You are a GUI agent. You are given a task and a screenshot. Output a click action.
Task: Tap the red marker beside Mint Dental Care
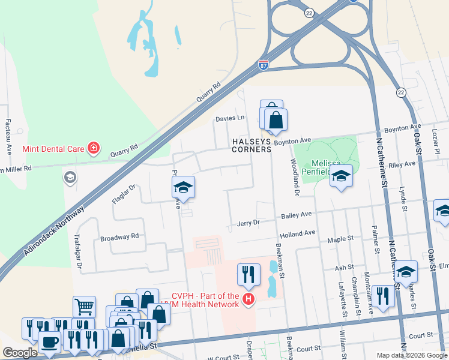tap(93, 148)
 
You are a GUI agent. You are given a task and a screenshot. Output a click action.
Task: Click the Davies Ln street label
tap(231, 118)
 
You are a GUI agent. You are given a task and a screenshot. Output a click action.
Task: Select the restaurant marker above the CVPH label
tap(249, 275)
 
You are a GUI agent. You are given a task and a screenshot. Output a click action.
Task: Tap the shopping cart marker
tap(84, 307)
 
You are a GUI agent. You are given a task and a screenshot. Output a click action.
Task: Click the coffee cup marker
tap(48, 342)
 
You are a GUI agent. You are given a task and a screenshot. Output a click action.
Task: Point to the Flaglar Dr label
tap(124, 194)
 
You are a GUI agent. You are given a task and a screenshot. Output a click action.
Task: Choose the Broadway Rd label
tap(119, 236)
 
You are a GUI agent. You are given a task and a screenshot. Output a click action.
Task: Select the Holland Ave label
tap(297, 233)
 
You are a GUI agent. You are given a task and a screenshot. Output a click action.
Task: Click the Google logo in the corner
tap(20, 353)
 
